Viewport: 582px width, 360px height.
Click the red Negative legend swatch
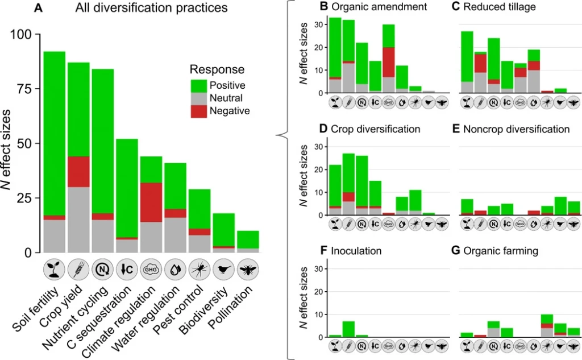pos(199,111)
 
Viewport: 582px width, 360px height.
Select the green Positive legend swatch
pos(199,85)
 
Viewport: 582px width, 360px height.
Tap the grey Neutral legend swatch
pos(199,98)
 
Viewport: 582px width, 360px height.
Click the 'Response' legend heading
pos(217,71)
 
